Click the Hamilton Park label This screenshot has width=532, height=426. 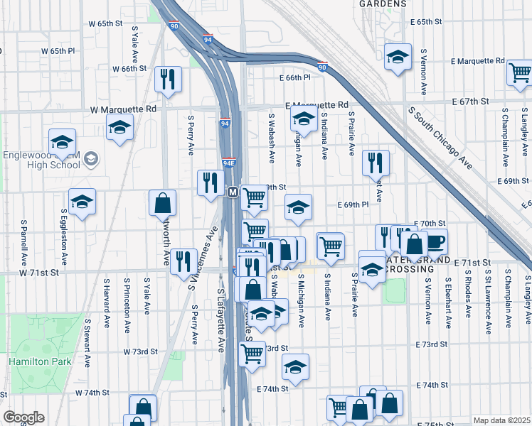(28, 361)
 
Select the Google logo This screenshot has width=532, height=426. (23, 417)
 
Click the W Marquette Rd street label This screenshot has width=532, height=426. (123, 109)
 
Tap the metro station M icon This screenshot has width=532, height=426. (232, 192)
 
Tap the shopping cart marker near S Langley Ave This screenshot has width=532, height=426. (520, 72)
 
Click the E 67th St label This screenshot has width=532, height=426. (472, 102)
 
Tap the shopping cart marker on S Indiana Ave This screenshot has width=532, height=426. (331, 246)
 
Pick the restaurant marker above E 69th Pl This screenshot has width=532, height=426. (376, 163)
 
